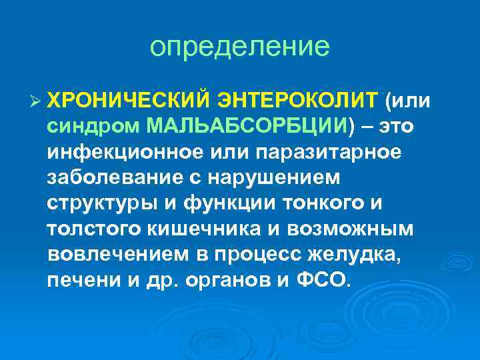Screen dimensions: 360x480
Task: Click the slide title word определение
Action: (x=239, y=47)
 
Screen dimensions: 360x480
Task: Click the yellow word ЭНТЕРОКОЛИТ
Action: (x=297, y=101)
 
